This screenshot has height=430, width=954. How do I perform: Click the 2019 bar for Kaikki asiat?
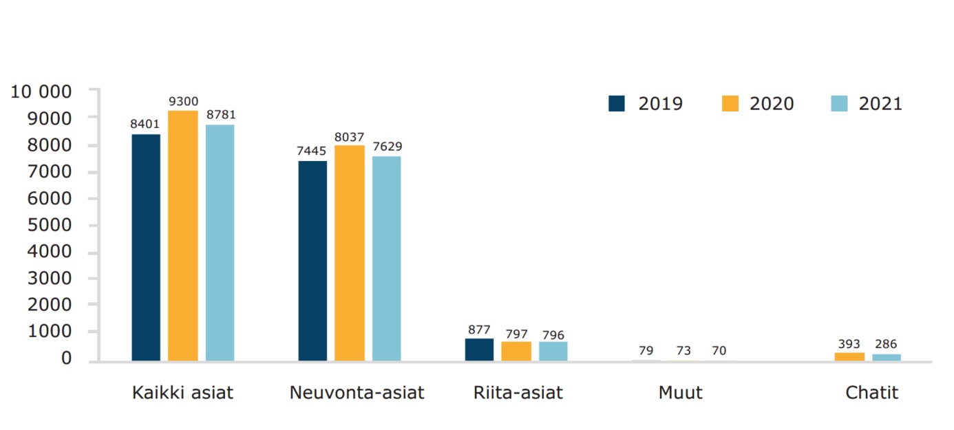pyautogui.click(x=146, y=247)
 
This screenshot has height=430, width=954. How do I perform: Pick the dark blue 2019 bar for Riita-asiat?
pyautogui.click(x=479, y=350)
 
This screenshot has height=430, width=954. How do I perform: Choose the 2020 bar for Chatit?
pyautogui.click(x=849, y=356)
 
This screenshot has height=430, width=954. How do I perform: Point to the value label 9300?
pyautogui.click(x=183, y=100)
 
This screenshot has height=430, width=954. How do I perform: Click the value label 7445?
pyautogui.click(x=312, y=151)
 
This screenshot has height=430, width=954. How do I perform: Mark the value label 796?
pyautogui.click(x=553, y=334)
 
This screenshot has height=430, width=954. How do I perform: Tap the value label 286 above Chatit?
pyautogui.click(x=887, y=344)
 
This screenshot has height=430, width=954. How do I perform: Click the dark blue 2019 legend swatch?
pyautogui.click(x=617, y=103)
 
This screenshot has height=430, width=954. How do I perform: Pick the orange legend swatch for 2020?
pyautogui.click(x=730, y=103)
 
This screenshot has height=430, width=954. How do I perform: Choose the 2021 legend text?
pyautogui.click(x=880, y=104)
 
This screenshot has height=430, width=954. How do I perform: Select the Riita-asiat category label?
pyautogui.click(x=518, y=393)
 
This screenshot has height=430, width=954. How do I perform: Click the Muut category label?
pyautogui.click(x=680, y=393)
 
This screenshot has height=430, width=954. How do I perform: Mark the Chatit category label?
pyautogui.click(x=872, y=393)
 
